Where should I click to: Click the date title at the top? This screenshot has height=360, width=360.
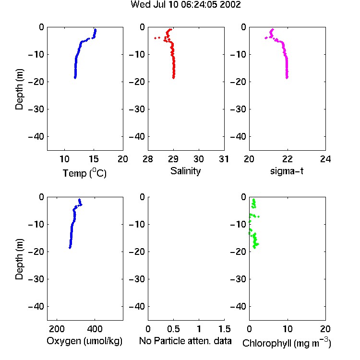click(185, 5)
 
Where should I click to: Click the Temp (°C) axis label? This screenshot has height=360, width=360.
click(84, 173)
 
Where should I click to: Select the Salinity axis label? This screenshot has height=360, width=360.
click(185, 171)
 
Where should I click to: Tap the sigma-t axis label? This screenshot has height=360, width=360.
click(287, 171)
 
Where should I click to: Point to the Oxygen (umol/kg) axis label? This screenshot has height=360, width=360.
click(84, 341)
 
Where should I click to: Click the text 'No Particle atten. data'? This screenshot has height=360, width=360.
click(185, 341)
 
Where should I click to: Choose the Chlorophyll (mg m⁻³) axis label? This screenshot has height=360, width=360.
click(287, 342)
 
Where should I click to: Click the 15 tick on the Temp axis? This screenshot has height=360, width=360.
click(94, 159)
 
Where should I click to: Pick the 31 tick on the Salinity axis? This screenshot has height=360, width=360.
click(224, 159)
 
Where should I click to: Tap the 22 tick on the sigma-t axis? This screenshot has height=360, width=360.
click(287, 159)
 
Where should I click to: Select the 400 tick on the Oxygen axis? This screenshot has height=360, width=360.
click(95, 329)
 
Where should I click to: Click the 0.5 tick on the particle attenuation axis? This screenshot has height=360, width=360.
click(173, 329)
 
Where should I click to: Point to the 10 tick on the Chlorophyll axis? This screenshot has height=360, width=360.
click(287, 329)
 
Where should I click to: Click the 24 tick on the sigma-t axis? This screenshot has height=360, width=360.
click(325, 159)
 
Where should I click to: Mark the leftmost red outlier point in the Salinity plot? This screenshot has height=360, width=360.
click(156, 38)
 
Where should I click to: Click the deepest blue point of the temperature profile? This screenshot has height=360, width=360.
click(75, 78)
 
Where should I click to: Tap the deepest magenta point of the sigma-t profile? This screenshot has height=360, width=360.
click(287, 78)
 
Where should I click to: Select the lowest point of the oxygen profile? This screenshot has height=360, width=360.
click(70, 248)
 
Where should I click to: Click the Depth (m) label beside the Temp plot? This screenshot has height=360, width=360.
click(19, 90)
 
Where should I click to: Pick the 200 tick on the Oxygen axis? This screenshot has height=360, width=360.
click(57, 329)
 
